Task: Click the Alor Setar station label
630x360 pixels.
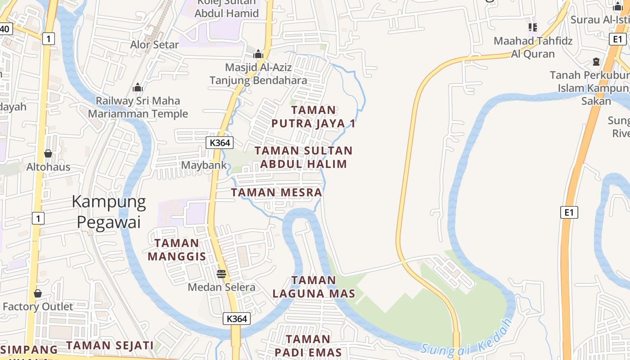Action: click(154, 45)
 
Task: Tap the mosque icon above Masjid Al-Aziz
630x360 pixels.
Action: click(258, 54)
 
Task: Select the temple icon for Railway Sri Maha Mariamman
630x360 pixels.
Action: click(138, 87)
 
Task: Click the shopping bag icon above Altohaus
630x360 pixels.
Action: click(48, 154)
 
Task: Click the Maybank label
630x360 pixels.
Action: click(204, 165)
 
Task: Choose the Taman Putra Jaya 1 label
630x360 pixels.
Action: click(313, 117)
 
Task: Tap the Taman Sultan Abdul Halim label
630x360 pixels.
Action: click(303, 157)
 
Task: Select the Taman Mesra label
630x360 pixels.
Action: click(276, 193)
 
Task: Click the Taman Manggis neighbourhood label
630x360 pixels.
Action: click(177, 250)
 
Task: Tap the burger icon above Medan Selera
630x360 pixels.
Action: click(221, 274)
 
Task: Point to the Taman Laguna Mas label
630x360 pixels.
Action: click(314, 287)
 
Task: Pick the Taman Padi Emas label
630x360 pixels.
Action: click(308, 345)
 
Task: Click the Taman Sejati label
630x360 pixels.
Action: click(110, 345)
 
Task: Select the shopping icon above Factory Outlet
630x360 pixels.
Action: click(38, 293)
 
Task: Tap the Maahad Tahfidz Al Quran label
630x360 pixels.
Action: click(533, 47)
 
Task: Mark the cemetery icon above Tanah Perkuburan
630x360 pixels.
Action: click(596, 62)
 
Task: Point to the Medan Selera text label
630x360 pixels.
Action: click(221, 287)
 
